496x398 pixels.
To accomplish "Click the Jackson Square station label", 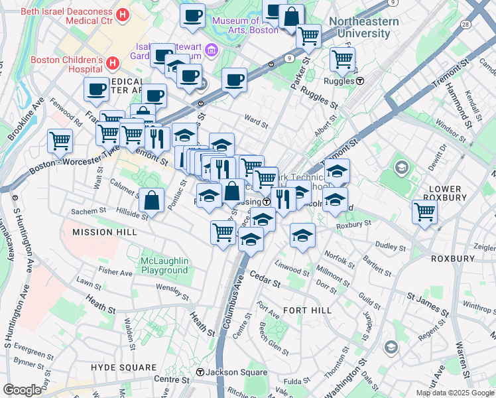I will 230,372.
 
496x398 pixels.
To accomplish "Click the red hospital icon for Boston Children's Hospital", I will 113,64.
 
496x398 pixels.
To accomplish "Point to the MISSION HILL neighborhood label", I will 104,232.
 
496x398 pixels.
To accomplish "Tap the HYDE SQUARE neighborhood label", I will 123,367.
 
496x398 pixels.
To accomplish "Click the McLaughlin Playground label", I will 164,265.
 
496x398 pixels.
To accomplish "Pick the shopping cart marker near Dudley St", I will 424,212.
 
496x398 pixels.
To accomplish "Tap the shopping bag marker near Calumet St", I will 152,201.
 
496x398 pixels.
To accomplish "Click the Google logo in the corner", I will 23,390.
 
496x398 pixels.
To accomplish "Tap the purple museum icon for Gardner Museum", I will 211,50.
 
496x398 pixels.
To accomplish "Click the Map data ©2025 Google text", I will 455,393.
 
